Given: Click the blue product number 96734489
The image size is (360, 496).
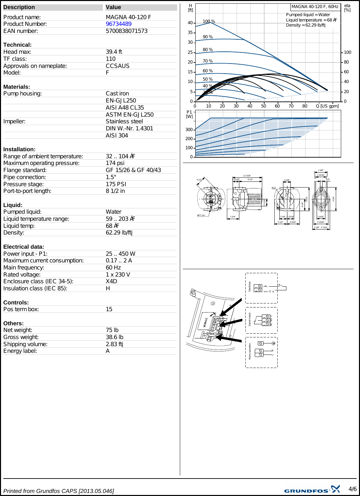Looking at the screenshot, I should point(118,24).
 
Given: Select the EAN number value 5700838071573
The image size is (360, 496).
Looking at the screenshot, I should point(126,31).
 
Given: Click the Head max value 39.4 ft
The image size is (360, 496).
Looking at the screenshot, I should point(114,52).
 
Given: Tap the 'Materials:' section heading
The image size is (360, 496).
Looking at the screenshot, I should point(16,87).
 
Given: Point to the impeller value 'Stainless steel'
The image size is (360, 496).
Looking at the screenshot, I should point(124,121).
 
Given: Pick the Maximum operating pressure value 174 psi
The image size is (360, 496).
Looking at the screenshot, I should point(115,163).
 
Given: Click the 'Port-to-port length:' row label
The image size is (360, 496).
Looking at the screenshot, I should point(27,191).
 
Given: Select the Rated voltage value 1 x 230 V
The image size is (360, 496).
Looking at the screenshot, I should point(118,275).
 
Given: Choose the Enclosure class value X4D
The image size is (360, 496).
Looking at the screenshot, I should point(111,281).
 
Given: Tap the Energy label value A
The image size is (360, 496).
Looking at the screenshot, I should point(108,351).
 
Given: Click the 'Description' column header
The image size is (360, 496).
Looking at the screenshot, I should point(19,7).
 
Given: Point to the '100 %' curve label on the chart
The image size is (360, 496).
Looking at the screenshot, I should point(209,22).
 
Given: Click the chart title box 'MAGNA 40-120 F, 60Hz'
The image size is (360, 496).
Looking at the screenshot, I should point(315,7).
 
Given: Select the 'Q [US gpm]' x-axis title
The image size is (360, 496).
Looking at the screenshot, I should point(327,106).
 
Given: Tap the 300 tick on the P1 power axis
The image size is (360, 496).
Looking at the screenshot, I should point(189,130).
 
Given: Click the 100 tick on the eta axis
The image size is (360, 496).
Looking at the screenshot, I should point(347,52).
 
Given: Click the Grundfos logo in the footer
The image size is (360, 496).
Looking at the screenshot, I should point(312,490).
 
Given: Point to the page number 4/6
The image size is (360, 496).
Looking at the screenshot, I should point(352,489).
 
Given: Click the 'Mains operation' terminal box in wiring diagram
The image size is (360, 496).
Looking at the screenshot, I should point(262,353).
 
